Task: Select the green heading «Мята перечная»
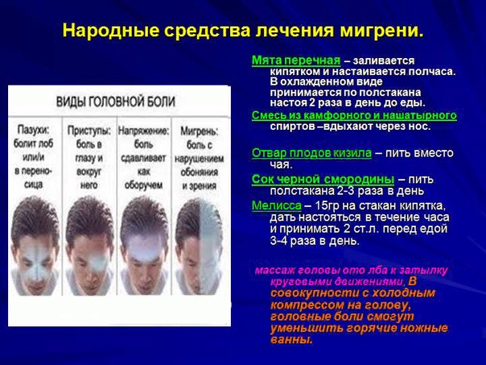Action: click(x=296, y=60)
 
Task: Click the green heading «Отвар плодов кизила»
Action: click(x=311, y=153)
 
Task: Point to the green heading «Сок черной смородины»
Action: click(x=323, y=180)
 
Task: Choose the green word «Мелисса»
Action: click(x=277, y=205)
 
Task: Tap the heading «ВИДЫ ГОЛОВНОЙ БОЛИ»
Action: click(x=116, y=102)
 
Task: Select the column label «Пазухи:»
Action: click(x=33, y=131)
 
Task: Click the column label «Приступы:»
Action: click(x=89, y=131)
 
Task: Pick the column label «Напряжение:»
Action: click(x=144, y=131)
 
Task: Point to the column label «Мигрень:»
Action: click(x=200, y=131)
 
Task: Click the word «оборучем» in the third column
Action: click(x=143, y=185)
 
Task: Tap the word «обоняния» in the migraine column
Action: click(x=200, y=172)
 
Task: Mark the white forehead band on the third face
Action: click(x=145, y=248)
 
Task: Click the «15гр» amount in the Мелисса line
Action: click(x=326, y=205)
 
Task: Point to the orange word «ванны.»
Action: click(x=291, y=339)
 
